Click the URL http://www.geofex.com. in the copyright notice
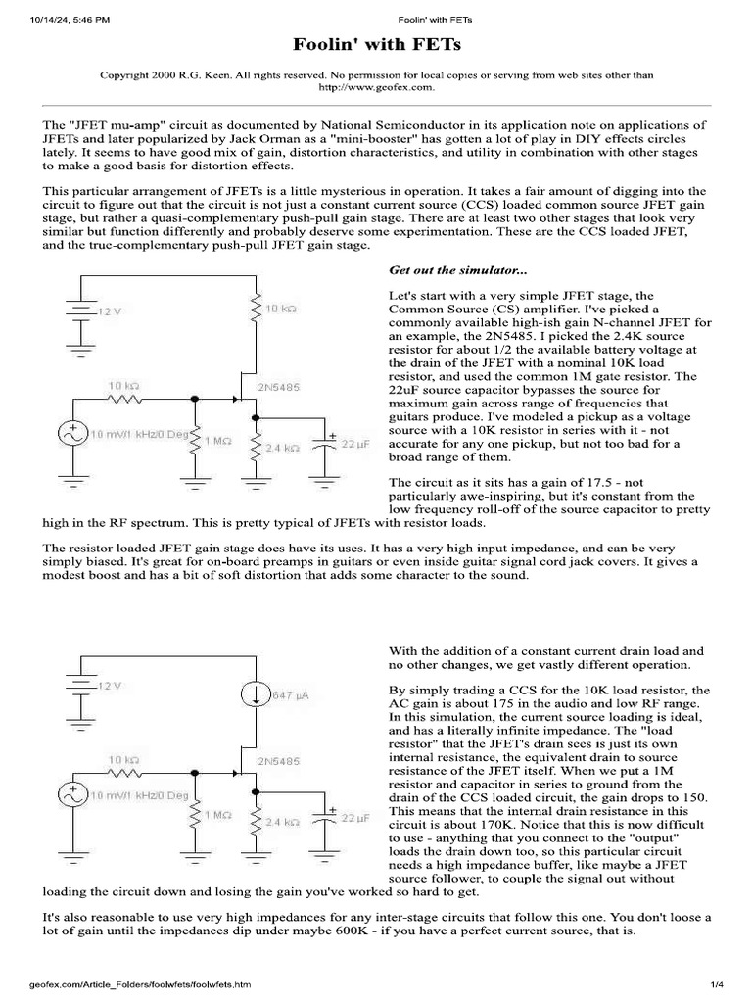376,87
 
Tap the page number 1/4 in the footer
716,983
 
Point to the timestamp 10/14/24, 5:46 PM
69,19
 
